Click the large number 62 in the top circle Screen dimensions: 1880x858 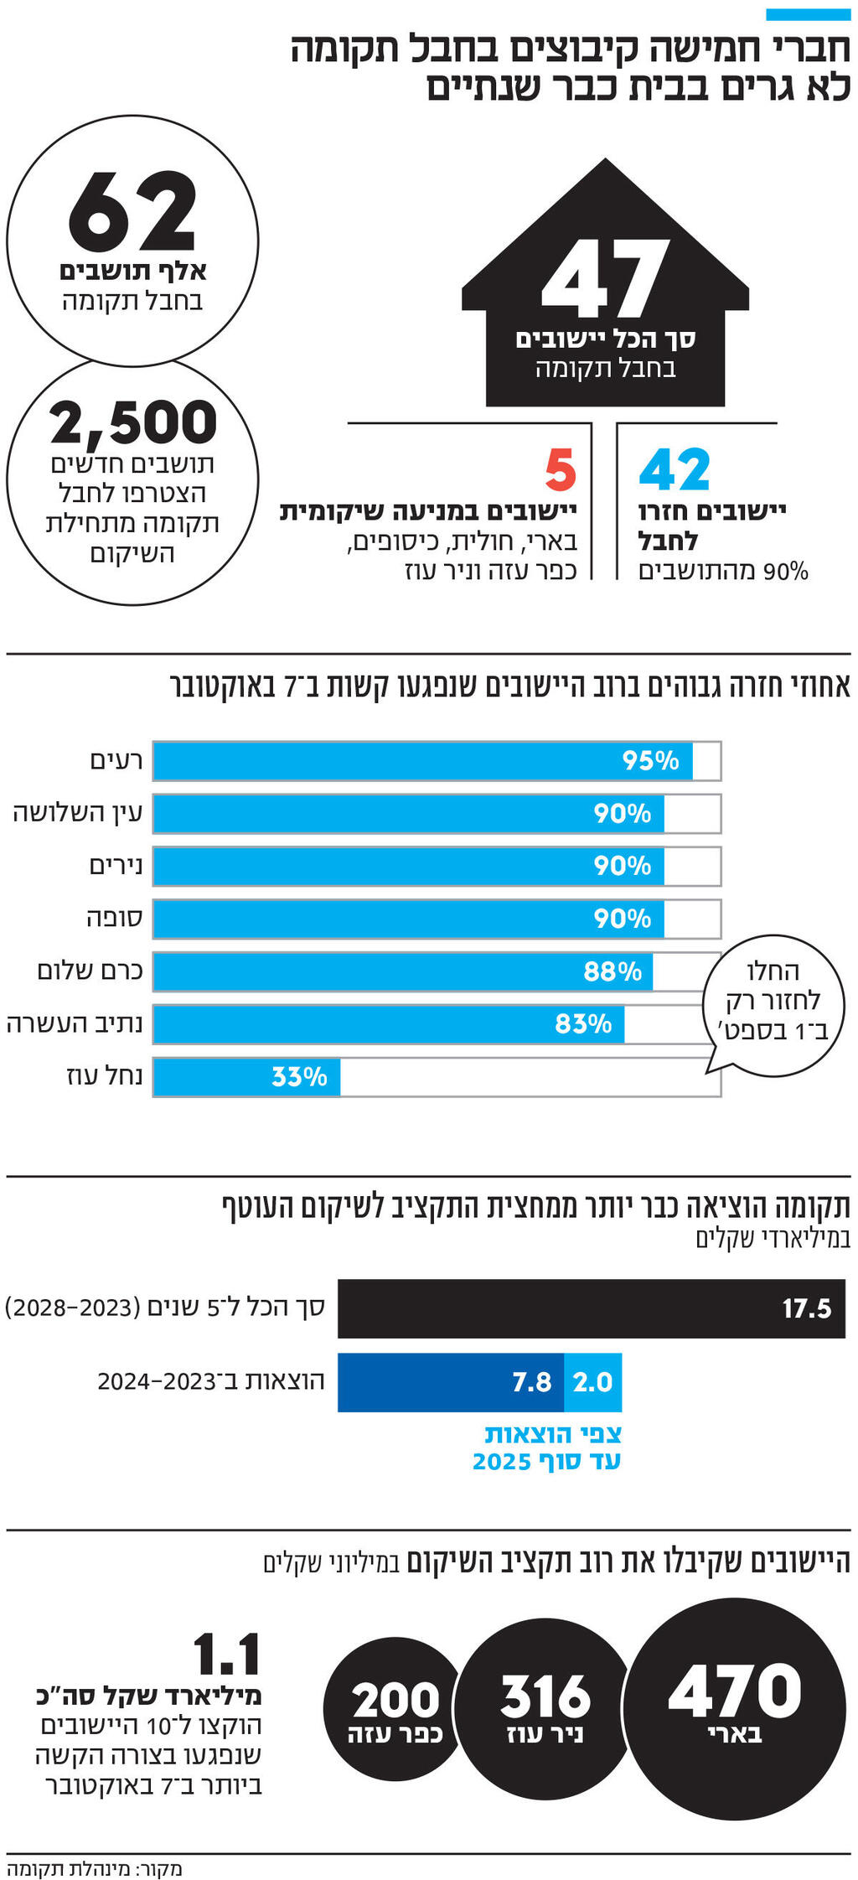point(132,211)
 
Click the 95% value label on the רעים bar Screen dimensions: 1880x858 point(650,761)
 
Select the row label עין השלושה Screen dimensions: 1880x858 point(78,813)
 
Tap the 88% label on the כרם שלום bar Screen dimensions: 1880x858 point(612,971)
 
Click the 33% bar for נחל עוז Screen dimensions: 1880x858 point(246,1077)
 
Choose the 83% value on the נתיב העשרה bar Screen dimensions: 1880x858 point(583,1024)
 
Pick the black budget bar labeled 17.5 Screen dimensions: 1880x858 point(591,1308)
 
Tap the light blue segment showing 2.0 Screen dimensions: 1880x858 point(593,1382)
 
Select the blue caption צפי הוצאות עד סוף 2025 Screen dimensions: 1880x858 point(546,1448)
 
